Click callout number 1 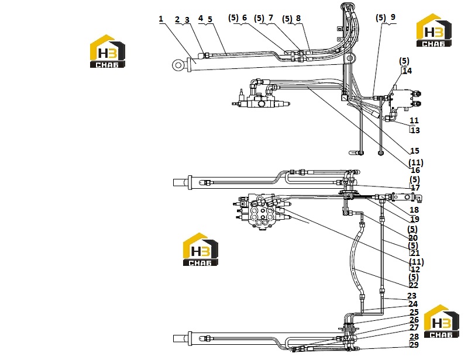click(161, 19)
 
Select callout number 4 click(201, 19)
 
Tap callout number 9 click(393, 18)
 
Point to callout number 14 click(407, 71)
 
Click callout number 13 click(415, 130)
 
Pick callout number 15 click(415, 151)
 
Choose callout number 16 click(415, 170)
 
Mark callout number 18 click(414, 210)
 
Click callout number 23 click(412, 296)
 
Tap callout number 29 click(414, 345)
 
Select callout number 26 click(414, 320)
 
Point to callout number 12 click(415, 269)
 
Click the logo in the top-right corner click(434, 30)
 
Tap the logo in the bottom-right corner click(442, 321)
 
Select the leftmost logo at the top click(108, 51)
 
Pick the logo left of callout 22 click(200, 250)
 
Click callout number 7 click(271, 18)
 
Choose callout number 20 click(413, 238)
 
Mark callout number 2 click(177, 20)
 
